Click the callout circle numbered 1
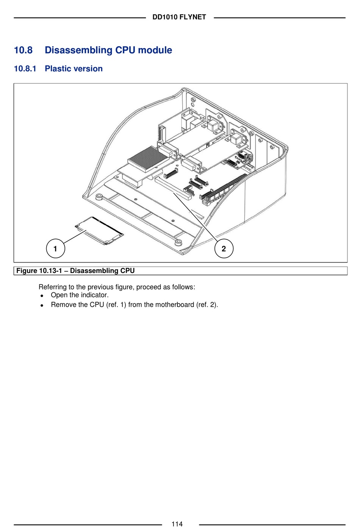(55, 248)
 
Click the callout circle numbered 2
(224, 248)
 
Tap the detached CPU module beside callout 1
(99, 231)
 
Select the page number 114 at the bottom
(177, 524)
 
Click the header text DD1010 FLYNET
(179, 17)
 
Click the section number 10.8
(23, 50)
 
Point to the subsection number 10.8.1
(25, 69)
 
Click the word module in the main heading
(155, 50)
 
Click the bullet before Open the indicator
(42, 296)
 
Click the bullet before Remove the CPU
(42, 305)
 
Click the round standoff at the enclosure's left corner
(99, 197)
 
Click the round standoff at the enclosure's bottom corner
(178, 242)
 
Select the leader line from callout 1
(75, 237)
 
